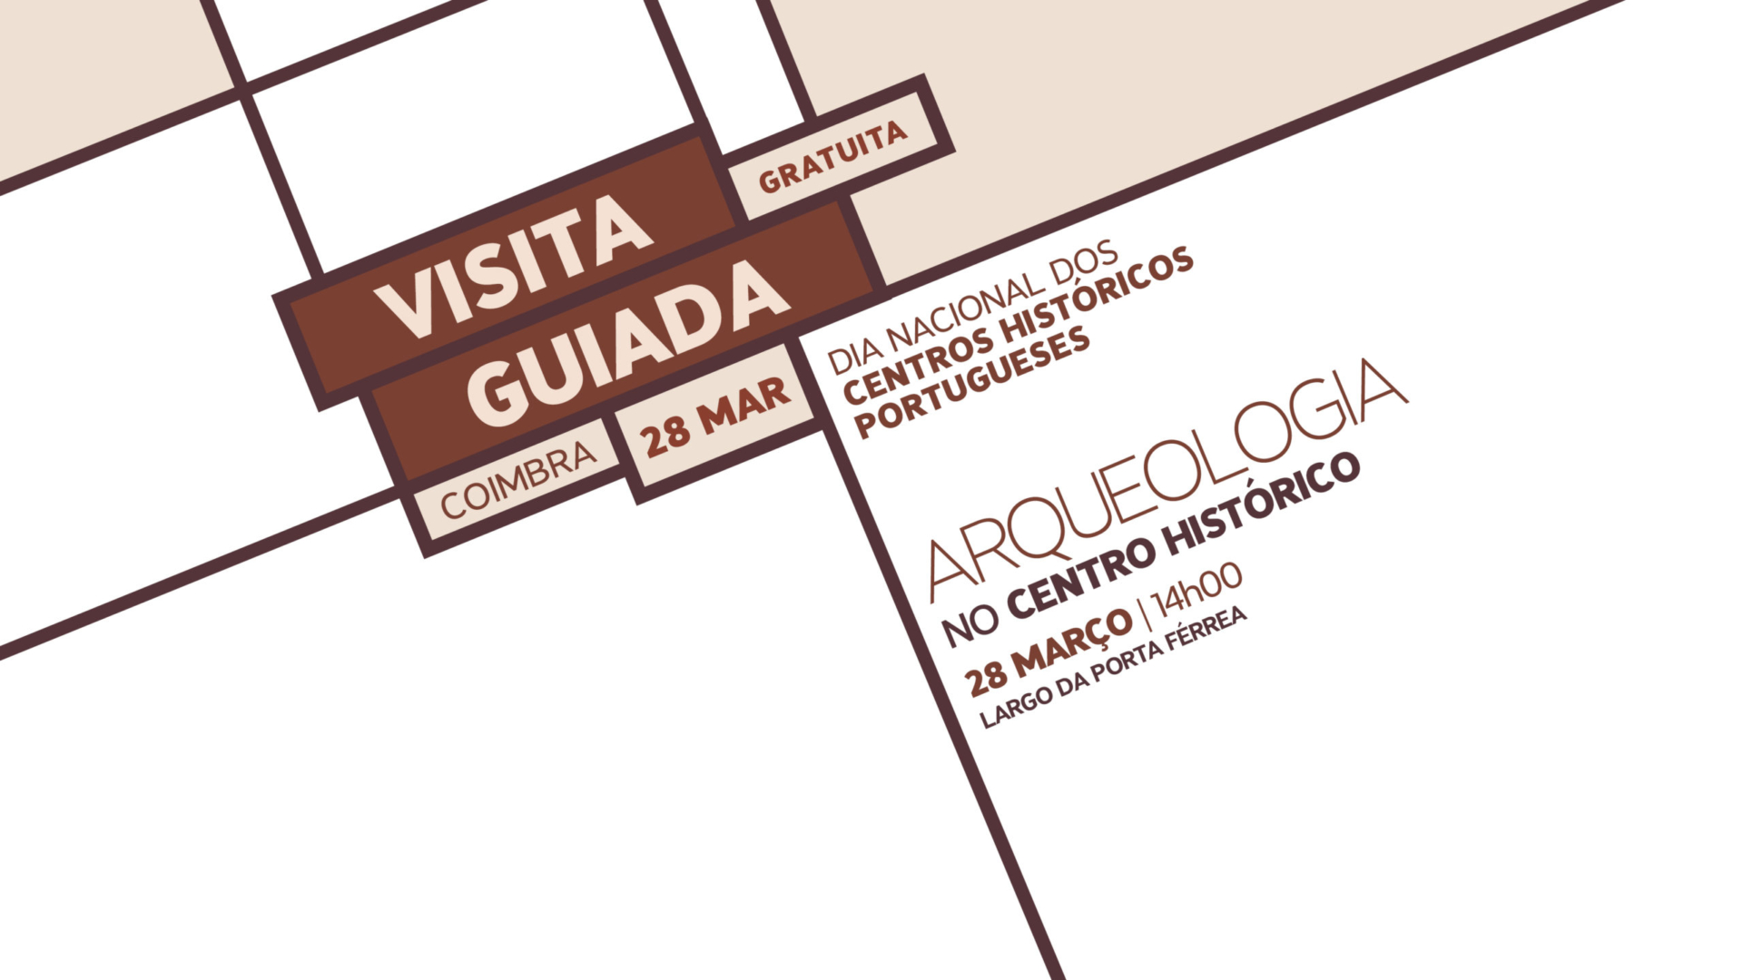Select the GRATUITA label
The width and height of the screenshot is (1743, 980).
[x=833, y=157]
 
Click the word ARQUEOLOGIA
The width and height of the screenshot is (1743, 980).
[x=1167, y=481]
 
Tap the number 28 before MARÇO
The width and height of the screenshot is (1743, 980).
[x=986, y=679]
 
